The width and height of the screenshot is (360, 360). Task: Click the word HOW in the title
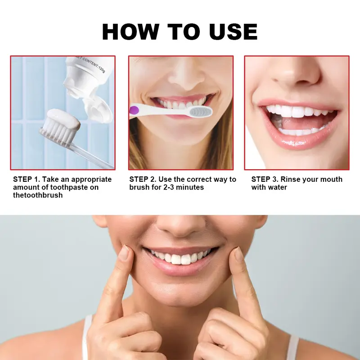(x=130, y=31)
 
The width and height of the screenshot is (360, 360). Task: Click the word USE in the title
(x=233, y=31)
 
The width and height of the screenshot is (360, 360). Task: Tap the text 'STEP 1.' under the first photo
(x=27, y=179)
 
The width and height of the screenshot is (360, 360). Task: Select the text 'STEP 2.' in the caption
(x=143, y=179)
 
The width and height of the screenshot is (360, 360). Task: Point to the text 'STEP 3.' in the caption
(x=265, y=179)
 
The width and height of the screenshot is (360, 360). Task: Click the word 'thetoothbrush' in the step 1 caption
(x=38, y=195)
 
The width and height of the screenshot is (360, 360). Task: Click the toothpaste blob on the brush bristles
(x=64, y=118)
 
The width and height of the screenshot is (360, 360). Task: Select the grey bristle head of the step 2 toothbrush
(x=200, y=112)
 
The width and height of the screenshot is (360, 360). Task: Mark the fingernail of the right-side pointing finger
(x=238, y=254)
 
